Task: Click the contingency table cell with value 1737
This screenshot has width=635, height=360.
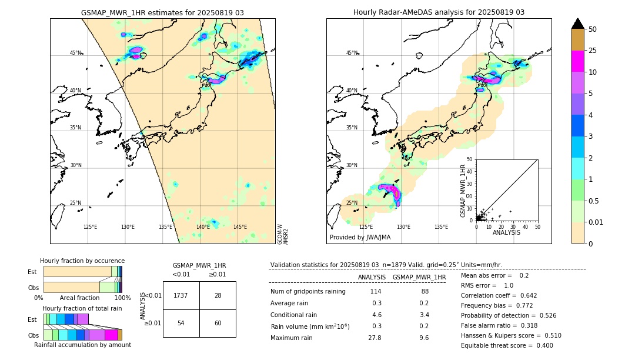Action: tap(181, 295)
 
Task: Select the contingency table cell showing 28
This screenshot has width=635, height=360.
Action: tap(218, 295)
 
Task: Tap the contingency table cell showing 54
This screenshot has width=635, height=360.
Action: tap(181, 324)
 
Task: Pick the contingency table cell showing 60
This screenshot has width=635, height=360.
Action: tap(218, 324)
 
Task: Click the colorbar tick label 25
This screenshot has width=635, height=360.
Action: tap(593, 51)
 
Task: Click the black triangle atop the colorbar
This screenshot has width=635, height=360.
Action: tap(578, 24)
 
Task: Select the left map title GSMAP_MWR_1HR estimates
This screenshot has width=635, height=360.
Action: tap(162, 12)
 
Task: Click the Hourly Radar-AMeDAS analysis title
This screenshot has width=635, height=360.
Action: tap(439, 12)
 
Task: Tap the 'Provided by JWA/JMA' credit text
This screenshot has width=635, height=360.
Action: tap(360, 237)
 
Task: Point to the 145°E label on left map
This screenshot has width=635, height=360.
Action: tap(240, 227)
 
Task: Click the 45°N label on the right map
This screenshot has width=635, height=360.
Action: tap(352, 54)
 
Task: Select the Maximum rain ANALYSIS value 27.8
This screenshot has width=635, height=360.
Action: tap(375, 338)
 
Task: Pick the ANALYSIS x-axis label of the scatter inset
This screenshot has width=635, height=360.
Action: tap(506, 232)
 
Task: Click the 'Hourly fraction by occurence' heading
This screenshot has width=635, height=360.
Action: tap(82, 261)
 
